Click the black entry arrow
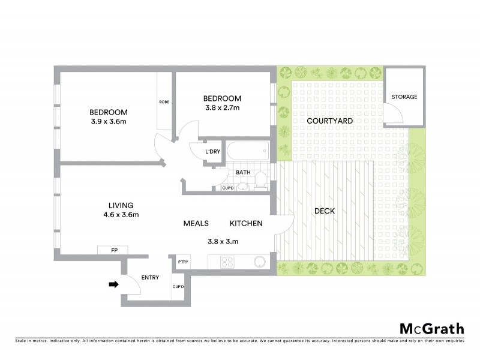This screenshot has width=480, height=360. click(x=113, y=285)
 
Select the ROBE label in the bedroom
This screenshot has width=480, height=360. click(x=164, y=102)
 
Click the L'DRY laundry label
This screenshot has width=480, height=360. click(x=212, y=151)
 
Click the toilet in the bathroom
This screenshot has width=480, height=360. click(x=261, y=179)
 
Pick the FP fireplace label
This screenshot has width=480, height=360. click(x=115, y=250)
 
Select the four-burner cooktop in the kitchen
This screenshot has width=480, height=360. click(x=228, y=262)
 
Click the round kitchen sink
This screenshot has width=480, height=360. click(x=260, y=262)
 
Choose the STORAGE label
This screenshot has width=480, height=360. click(x=404, y=97)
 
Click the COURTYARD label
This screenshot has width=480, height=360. click(x=329, y=121)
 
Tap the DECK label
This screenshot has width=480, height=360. click(x=324, y=211)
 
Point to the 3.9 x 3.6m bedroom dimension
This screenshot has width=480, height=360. click(x=109, y=122)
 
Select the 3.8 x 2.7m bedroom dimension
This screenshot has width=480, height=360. click(x=222, y=109)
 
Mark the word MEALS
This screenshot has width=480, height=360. click(x=196, y=223)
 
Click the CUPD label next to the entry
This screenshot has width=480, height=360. click(x=178, y=286)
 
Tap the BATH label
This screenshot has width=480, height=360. click(x=243, y=173)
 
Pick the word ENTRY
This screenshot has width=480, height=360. click(x=149, y=278)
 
